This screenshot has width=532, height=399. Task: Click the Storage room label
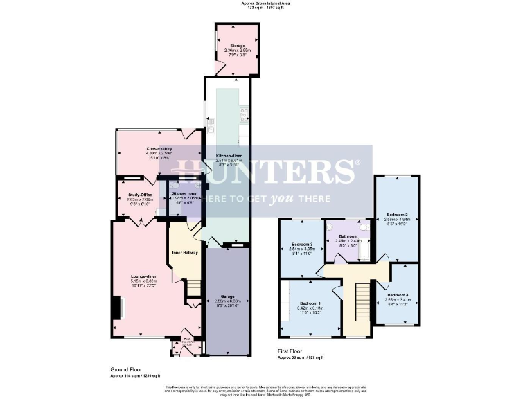[x=238, y=46]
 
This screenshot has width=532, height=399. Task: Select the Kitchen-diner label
[x=227, y=157]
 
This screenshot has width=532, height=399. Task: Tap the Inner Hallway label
[x=185, y=252]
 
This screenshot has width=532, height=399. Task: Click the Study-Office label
[x=140, y=195]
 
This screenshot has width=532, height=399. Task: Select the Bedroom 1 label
[x=310, y=303]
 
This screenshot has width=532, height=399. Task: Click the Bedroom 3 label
[x=302, y=245]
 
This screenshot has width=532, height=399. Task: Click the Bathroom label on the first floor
[x=348, y=236]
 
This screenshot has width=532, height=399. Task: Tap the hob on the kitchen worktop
[x=244, y=112]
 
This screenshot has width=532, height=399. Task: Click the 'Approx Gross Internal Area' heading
[x=266, y=3]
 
